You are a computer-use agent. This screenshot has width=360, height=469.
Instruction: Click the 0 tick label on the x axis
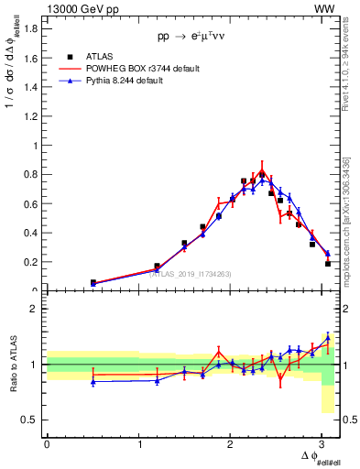[x=47, y=443]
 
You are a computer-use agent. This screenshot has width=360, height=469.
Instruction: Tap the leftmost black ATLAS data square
[x=93, y=283]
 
